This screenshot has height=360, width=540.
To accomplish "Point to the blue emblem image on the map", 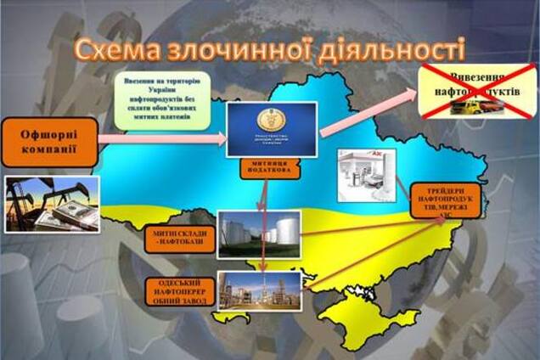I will (x=273, y=129).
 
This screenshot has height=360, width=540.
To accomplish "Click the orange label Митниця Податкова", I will (x=273, y=167).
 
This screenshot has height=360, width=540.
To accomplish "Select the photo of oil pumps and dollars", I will (x=51, y=204).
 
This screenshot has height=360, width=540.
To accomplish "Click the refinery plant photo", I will (x=260, y=291).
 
